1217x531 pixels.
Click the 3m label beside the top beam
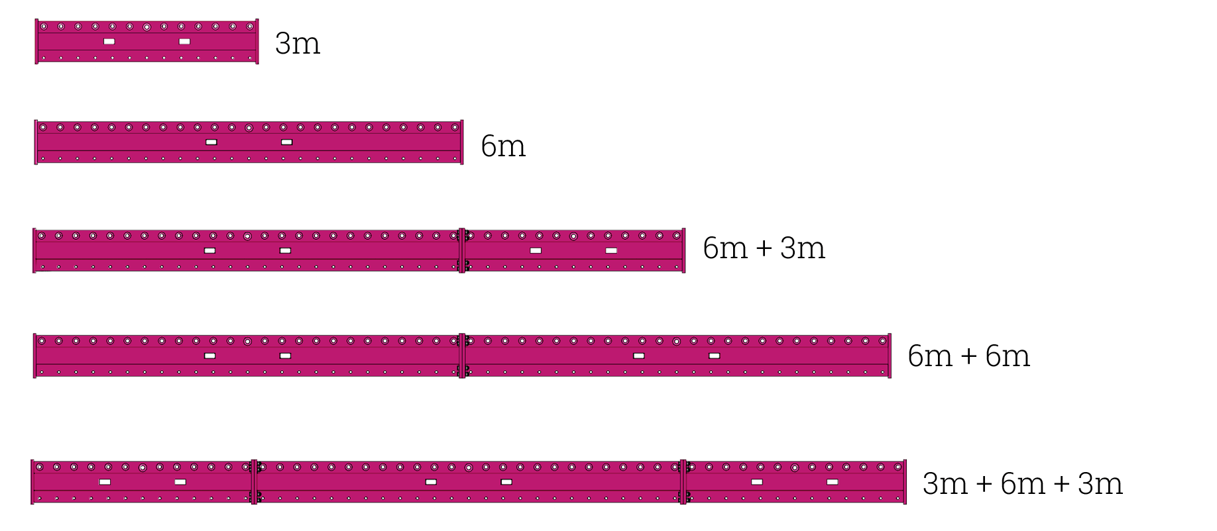click(298, 44)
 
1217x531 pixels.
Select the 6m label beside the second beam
click(503, 146)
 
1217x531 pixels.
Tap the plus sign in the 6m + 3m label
click(764, 248)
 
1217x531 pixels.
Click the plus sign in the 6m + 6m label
click(968, 356)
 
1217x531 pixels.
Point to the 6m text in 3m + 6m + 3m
click(1023, 484)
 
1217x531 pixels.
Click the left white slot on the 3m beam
click(109, 42)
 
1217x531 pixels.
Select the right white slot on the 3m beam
click(185, 42)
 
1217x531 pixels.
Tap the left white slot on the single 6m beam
click(211, 142)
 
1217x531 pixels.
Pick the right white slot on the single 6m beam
click(287, 142)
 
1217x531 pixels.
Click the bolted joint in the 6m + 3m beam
click(463, 250)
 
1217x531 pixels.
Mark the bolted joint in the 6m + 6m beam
click(463, 356)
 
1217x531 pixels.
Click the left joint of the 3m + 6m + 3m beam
click(254, 482)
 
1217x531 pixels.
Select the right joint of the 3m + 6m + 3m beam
click(683, 482)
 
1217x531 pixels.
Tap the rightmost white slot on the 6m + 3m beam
click(611, 251)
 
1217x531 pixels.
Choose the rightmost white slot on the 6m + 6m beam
click(715, 356)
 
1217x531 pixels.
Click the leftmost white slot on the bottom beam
click(105, 482)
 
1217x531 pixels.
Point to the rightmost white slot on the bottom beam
click(833, 482)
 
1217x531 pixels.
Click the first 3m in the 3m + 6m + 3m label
click(945, 484)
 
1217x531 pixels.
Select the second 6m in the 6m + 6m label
click(1008, 356)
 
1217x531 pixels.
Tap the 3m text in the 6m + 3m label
click(803, 248)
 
